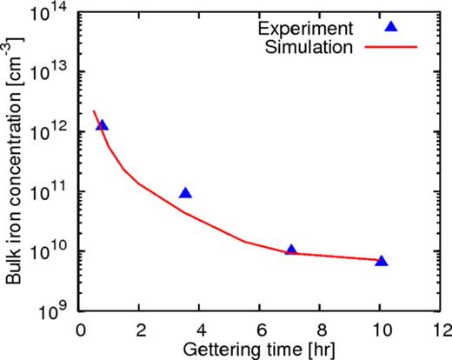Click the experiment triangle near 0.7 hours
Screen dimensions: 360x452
pos(102,125)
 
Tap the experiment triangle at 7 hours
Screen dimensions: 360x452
pos(291,250)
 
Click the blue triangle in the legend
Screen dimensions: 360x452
pos(391,27)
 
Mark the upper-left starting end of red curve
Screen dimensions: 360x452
pos(93,110)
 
